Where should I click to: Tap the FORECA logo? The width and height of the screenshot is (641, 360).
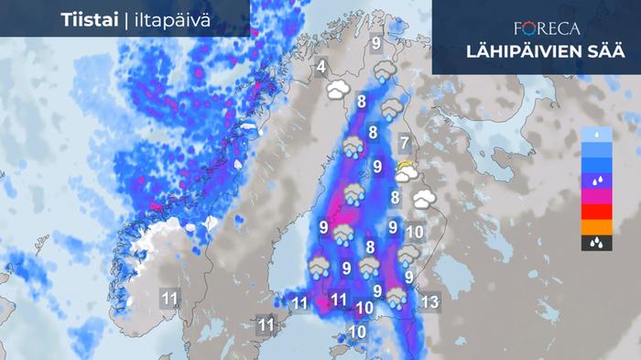click(x=549, y=28)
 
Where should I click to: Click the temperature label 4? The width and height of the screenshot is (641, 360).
click(x=321, y=68)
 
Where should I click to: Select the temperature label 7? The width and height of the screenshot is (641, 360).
click(x=404, y=142)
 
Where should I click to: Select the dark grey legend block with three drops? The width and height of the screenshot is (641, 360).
click(x=595, y=243)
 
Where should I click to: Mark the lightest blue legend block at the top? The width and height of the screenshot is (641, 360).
click(x=595, y=135)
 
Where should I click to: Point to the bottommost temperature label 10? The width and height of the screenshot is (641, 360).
click(x=357, y=332)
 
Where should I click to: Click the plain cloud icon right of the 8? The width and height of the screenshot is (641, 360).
click(x=422, y=199)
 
